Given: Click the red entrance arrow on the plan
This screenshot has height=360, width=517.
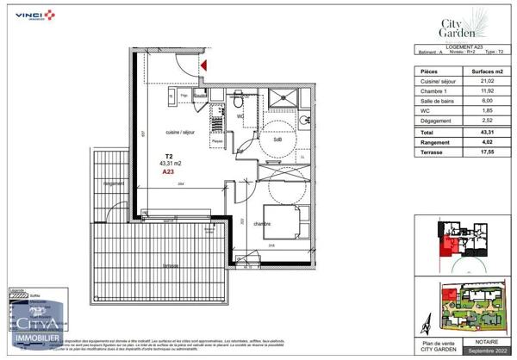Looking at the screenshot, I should click(x=204, y=65).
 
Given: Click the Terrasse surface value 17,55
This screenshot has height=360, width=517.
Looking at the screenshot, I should click(x=477, y=151).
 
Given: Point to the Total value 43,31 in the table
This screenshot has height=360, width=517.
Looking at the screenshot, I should click(x=477, y=132).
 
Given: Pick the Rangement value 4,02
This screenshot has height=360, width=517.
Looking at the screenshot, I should click(x=477, y=141).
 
